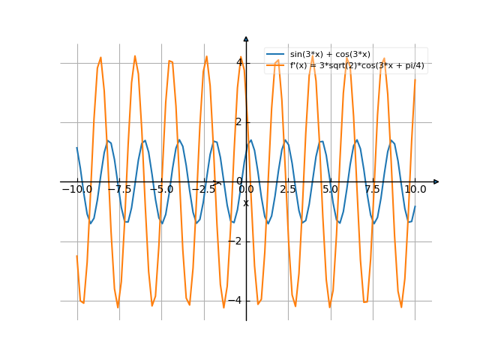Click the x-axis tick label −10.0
(x=76, y=190)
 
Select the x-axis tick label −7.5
(x=119, y=190)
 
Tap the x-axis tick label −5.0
(x=161, y=190)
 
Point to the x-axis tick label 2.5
(x=288, y=190)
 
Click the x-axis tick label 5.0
(x=330, y=190)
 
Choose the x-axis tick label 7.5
(x=373, y=190)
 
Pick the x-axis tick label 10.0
(x=415, y=190)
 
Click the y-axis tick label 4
(x=239, y=62)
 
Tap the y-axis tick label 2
(x=239, y=122)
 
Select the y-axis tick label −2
(x=237, y=241)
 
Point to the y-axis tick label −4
(x=237, y=301)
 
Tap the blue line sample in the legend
(x=275, y=55)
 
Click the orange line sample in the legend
(x=275, y=65)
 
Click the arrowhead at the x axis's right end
(x=436, y=181)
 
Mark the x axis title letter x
(x=245, y=202)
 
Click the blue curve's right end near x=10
(x=415, y=208)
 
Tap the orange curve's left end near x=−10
(x=76, y=256)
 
